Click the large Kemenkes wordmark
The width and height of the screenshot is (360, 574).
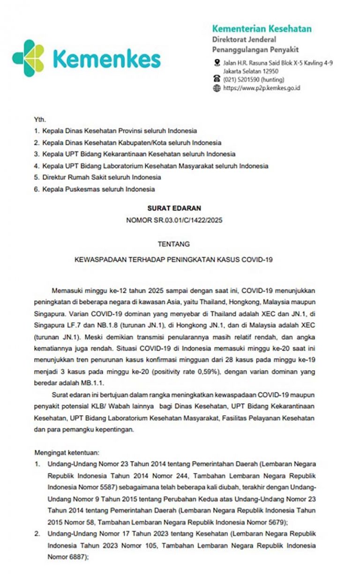107,59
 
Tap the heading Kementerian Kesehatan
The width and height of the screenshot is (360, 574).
262,29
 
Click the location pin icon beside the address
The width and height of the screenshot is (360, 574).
217,63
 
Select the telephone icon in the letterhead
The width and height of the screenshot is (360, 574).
217,79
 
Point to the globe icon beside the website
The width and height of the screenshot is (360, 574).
217,88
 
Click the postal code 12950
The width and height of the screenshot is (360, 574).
270,71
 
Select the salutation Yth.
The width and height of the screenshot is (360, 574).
40,120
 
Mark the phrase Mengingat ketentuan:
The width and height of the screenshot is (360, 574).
64,453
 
